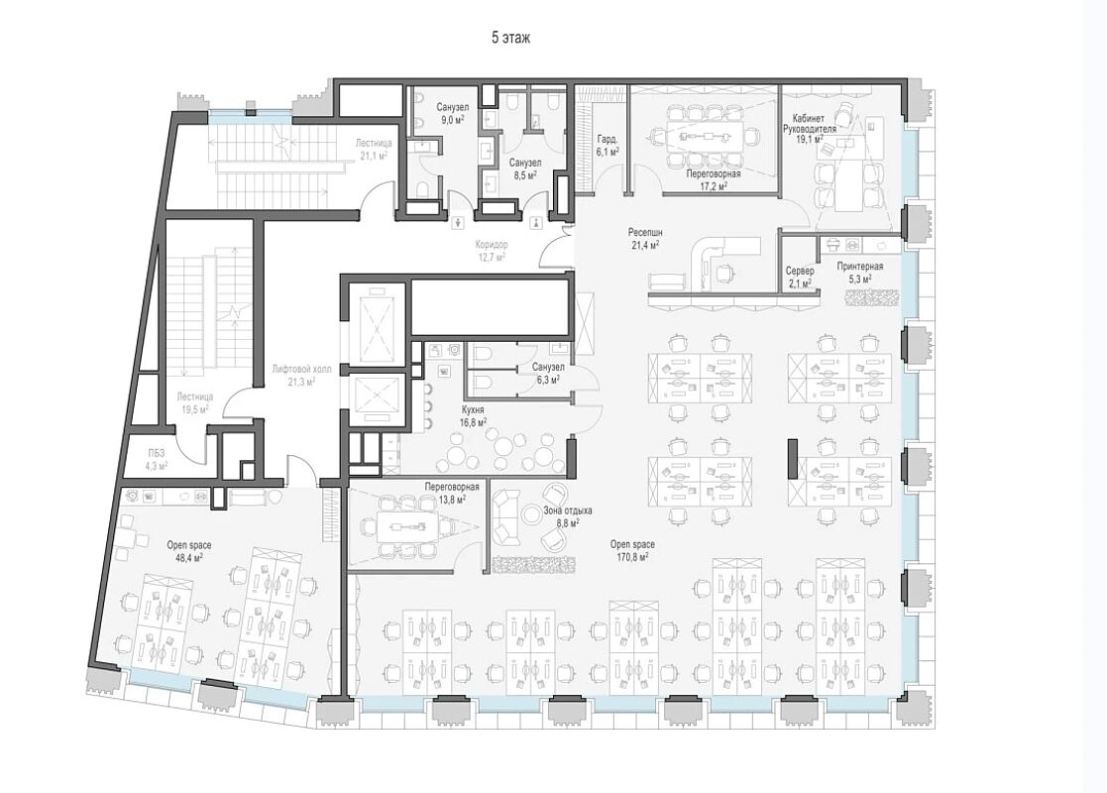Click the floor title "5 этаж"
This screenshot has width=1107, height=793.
pos(510,38)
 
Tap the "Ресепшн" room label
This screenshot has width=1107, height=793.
pos(646,232)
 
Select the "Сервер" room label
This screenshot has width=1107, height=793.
pos(800,272)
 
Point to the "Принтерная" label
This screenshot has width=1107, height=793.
pos(860,267)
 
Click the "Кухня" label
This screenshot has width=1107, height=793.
pos(473,409)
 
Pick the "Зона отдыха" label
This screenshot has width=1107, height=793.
pos(568,510)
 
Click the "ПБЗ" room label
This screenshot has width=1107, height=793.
pos(157,453)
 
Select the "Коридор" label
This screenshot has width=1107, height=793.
pos(492,244)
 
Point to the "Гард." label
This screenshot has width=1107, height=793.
pos(608,139)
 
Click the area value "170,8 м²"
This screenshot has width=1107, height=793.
pos(632,557)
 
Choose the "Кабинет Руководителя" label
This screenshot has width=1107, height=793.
pos(809,124)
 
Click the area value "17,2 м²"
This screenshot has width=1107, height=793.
pos(714,185)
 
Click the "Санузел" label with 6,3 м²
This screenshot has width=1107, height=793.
pos(548,367)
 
